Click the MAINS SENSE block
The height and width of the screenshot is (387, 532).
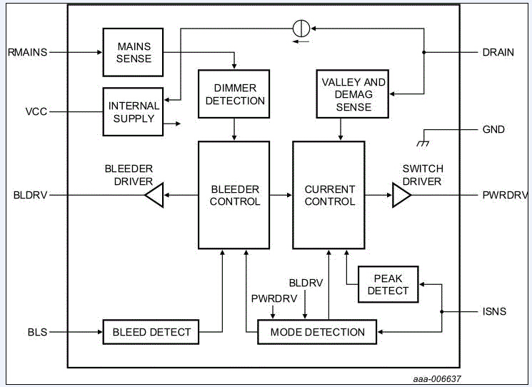tap(133, 52)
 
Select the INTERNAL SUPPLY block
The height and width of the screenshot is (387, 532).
tap(134, 111)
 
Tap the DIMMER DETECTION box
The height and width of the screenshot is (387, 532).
tap(234, 94)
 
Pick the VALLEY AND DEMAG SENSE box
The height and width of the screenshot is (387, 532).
tap(353, 94)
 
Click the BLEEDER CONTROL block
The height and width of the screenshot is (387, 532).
tap(234, 195)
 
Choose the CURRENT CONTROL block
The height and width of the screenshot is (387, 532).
tap(329, 195)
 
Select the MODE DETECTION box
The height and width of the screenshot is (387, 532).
tap(317, 332)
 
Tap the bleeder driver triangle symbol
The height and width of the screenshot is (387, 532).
tap(155, 195)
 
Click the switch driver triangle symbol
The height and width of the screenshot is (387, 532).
tap(401, 195)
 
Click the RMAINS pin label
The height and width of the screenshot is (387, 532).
tap(27, 52)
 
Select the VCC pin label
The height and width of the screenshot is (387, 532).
tap(36, 111)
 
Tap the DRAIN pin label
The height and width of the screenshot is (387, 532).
tap(498, 52)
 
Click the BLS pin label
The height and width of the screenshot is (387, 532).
tap(38, 332)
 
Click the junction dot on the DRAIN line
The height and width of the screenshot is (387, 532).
tap(424, 52)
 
